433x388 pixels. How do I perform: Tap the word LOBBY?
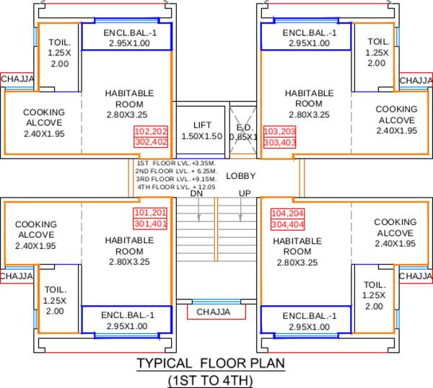(240, 176)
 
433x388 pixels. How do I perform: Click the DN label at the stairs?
(196, 193)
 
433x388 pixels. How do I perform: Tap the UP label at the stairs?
(245, 193)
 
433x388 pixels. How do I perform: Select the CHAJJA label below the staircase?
(214, 312)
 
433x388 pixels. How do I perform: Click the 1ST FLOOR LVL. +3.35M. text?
(167, 164)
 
